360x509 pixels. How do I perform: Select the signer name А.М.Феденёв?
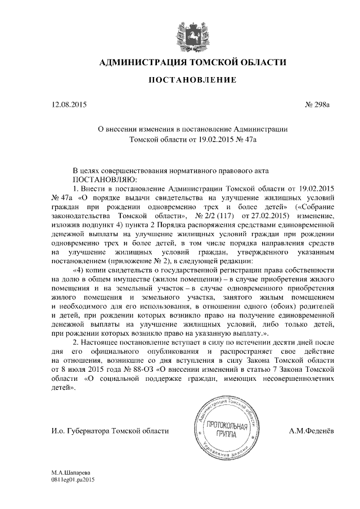310,431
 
